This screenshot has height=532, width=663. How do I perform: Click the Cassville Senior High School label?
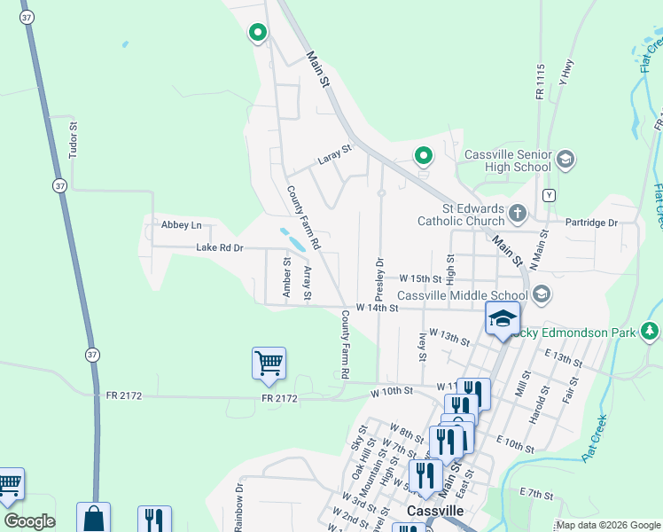coord(508,160)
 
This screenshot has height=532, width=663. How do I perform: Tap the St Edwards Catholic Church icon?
coord(519,213)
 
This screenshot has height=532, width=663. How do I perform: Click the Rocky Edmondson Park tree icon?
coord(651,332)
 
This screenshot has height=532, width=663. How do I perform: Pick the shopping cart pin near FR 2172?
coord(269,363)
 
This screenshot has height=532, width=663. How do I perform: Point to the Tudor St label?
coord(74,139)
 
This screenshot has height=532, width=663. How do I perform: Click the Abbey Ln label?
coord(182,225)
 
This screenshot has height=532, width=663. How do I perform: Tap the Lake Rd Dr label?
coord(219,248)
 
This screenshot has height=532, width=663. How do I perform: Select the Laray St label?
coord(335,161)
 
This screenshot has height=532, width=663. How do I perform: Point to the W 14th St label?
coord(378,308)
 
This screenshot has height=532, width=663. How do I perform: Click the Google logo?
coord(29,521)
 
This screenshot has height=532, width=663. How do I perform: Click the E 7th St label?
coord(536,492)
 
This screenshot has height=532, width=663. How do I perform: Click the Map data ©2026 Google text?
coord(608,525)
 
